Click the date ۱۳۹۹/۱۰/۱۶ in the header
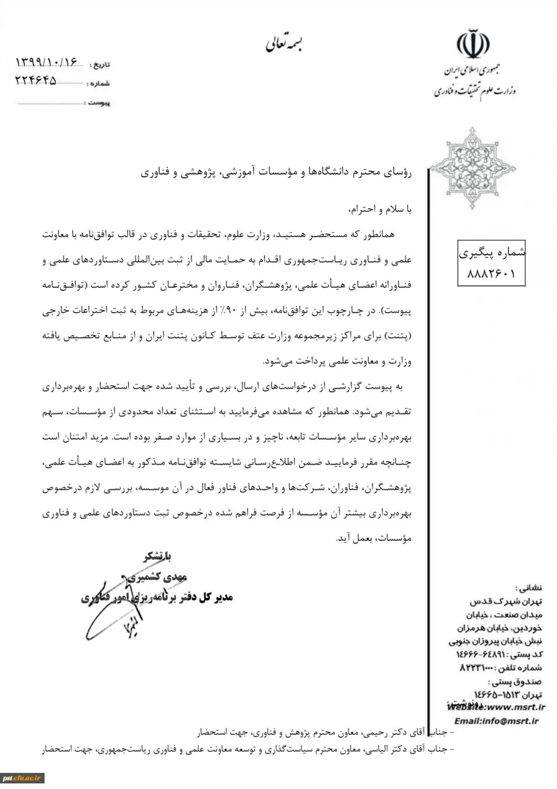click(x=48, y=63)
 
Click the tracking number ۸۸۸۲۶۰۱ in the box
click(x=490, y=272)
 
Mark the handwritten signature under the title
click(x=124, y=619)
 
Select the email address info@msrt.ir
click(x=496, y=720)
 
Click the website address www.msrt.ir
click(x=495, y=706)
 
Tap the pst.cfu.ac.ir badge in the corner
click(x=22, y=778)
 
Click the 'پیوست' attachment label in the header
click(x=98, y=102)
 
